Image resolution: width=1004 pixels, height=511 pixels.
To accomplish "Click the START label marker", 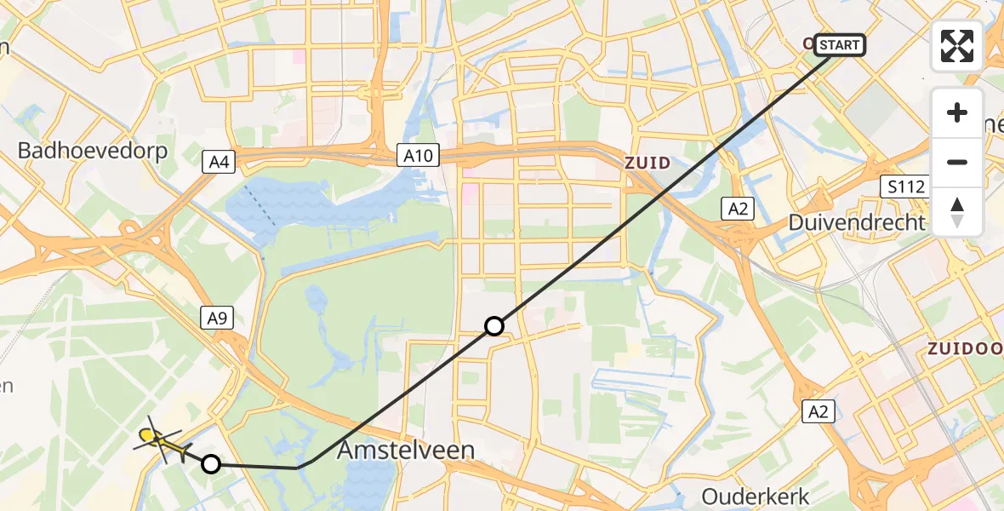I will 840,44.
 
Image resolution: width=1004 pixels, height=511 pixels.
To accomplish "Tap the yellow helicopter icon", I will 162,441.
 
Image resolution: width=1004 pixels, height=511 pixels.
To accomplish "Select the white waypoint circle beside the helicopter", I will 211,464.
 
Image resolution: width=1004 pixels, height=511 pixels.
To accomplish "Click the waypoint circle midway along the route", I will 494,325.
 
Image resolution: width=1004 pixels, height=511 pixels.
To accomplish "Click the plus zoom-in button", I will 957,112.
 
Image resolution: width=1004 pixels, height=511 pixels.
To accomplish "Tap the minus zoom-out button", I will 957,162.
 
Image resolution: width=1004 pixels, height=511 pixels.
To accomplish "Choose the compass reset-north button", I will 957,211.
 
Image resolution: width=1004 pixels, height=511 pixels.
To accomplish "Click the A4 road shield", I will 219,162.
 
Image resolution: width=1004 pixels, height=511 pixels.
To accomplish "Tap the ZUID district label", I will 648,162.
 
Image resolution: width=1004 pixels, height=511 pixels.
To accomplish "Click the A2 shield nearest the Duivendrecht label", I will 737,209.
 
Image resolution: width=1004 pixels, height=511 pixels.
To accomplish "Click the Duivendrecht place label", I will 855,223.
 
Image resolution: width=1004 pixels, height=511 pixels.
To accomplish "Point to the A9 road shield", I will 217,319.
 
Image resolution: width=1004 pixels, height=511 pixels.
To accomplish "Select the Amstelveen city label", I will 406,450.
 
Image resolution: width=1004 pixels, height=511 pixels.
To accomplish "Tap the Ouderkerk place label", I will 755,495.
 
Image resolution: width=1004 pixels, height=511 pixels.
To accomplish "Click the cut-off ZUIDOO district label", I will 965,348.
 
